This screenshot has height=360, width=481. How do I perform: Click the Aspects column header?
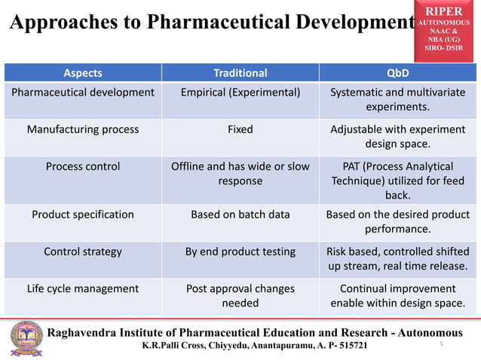(83, 73)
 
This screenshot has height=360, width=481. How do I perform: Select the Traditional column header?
(240, 73)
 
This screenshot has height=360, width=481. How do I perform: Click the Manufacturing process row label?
(83, 129)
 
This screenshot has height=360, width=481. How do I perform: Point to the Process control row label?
(83, 166)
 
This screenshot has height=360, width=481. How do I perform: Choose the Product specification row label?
(83, 214)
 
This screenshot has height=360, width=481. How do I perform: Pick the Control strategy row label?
(83, 252)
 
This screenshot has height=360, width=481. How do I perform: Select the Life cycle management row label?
(83, 288)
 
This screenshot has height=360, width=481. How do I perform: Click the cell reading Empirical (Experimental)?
(240, 93)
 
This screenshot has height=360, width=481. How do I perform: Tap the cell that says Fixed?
(240, 129)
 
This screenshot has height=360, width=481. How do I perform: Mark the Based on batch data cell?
(240, 214)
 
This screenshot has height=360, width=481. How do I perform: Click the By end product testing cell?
(240, 252)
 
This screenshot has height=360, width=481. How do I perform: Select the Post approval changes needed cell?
(240, 296)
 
